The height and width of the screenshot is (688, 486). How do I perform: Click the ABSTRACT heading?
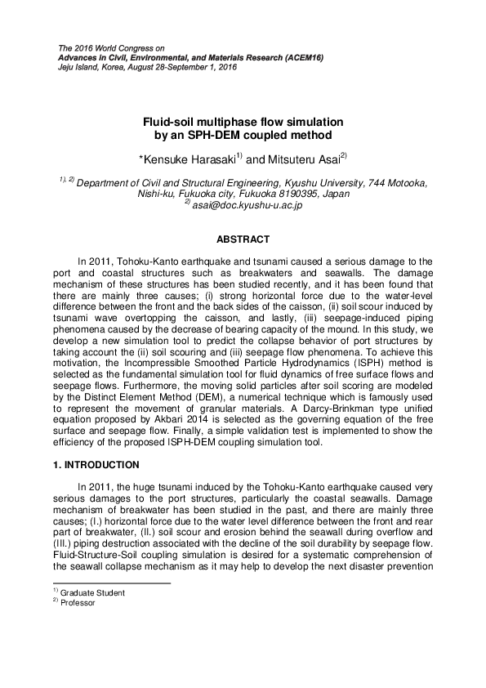243,239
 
